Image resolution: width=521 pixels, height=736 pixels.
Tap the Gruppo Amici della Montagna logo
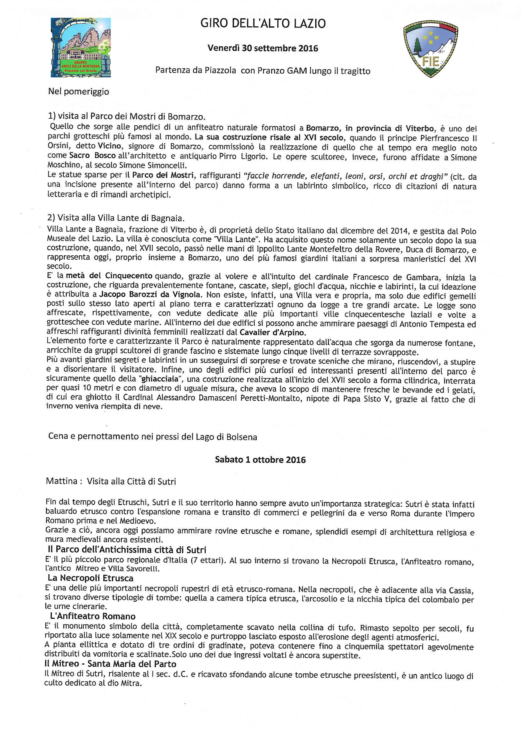[x=81, y=47]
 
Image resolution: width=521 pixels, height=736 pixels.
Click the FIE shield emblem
[x=430, y=49]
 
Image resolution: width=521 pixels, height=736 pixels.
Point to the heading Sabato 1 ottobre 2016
[x=260, y=460]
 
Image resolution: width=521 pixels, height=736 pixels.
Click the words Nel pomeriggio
[x=79, y=92]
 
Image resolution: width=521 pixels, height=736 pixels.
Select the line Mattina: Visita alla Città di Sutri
[x=111, y=481]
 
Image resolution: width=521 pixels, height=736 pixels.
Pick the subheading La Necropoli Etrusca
[x=91, y=578]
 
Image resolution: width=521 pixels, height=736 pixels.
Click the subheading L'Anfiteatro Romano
[x=93, y=616]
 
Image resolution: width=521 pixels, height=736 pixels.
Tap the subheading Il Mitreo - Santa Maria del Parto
[x=110, y=664]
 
